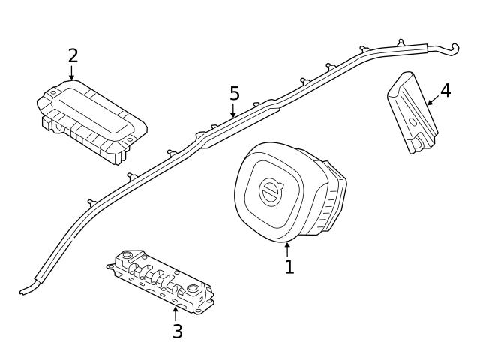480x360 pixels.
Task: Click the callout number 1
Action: coord(289,266)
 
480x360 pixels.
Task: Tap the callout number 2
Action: coord(72,55)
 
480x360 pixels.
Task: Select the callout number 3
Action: coord(177,331)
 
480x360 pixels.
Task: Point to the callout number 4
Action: coord(445,91)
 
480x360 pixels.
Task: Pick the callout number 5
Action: coord(234,94)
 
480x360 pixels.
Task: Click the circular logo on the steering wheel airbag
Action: coord(269,191)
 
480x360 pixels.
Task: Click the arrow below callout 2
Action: coord(72,73)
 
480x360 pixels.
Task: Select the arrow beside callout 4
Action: coord(433,101)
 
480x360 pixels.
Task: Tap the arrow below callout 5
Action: coord(233,112)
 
